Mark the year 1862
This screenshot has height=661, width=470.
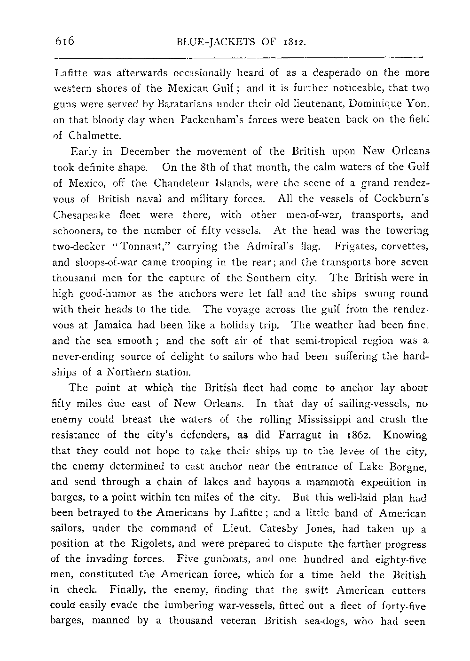pos(357,435)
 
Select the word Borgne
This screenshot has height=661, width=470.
pos(410,467)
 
